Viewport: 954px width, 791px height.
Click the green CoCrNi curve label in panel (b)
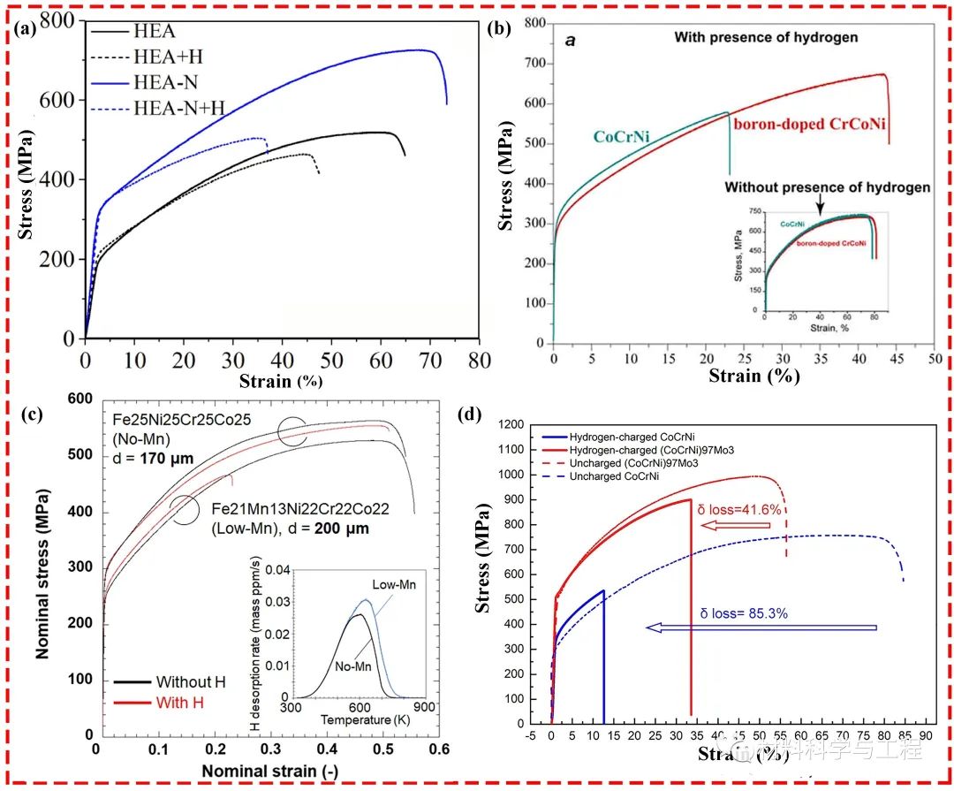(x=629, y=135)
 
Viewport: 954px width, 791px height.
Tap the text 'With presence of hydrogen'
(x=766, y=37)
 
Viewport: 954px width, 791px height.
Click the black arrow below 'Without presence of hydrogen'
(x=820, y=205)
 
